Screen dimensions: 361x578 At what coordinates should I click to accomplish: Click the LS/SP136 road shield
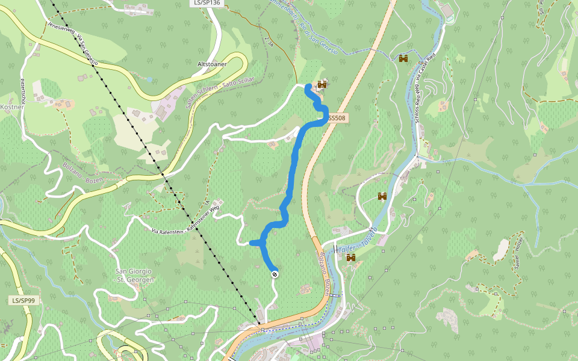206,3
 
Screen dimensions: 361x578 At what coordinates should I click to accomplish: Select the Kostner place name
11,106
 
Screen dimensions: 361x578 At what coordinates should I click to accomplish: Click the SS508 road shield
337,119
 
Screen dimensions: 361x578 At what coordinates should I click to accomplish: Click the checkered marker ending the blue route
275,274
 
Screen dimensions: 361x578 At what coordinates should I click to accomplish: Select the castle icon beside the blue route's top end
322,85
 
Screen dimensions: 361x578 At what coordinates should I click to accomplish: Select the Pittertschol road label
22,90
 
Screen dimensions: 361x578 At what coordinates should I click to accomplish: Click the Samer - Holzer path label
518,253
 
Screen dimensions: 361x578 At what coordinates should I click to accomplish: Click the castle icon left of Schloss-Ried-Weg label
403,58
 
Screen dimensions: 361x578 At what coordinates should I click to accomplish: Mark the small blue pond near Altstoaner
149,79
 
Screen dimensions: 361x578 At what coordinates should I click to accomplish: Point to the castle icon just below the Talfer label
350,258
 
